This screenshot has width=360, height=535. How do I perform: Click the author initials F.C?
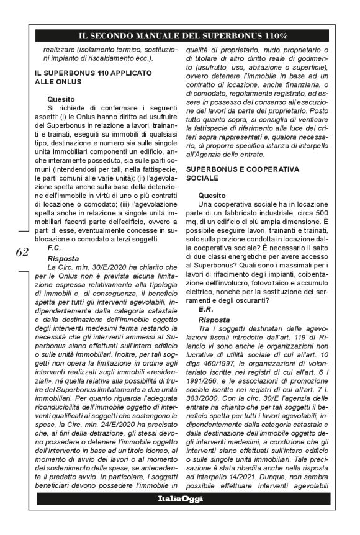[x=53, y=247]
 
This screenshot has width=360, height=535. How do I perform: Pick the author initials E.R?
[x=205, y=308]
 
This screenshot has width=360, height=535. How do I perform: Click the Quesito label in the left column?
[x=62, y=98]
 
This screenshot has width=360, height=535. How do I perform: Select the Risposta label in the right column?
[x=214, y=320]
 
